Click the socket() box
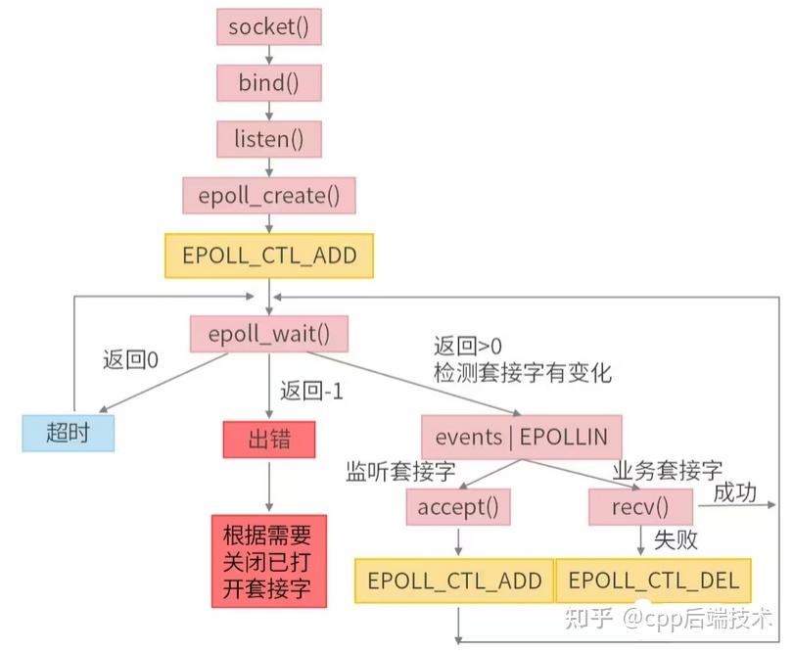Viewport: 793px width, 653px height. pyautogui.click(x=268, y=27)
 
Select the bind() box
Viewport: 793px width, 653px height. pyautogui.click(x=268, y=82)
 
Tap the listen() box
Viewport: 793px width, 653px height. pyautogui.click(x=268, y=138)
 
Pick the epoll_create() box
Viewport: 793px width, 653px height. pyautogui.click(x=268, y=195)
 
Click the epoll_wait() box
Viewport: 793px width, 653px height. pyautogui.click(x=268, y=334)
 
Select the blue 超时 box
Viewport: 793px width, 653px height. pyautogui.click(x=68, y=432)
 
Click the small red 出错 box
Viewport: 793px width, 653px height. pyautogui.click(x=269, y=440)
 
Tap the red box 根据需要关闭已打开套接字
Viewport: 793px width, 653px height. pyautogui.click(x=268, y=563)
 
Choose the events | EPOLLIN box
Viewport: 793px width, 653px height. pyautogui.click(x=522, y=437)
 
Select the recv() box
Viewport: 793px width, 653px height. pyautogui.click(x=641, y=507)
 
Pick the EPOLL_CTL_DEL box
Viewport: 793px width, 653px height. pyautogui.click(x=654, y=581)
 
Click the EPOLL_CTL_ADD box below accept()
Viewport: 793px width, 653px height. pyautogui.click(x=454, y=581)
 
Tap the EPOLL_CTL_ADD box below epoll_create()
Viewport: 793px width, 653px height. pyautogui.click(x=269, y=257)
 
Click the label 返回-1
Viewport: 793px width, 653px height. pyautogui.click(x=310, y=392)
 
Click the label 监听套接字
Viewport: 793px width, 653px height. pyautogui.click(x=400, y=472)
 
